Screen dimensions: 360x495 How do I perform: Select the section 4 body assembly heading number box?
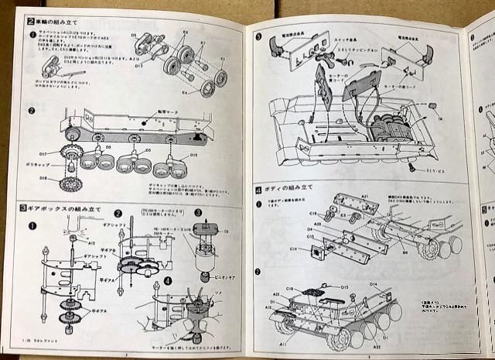(258, 190)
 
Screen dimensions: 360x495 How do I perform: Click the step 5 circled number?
(258, 36)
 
